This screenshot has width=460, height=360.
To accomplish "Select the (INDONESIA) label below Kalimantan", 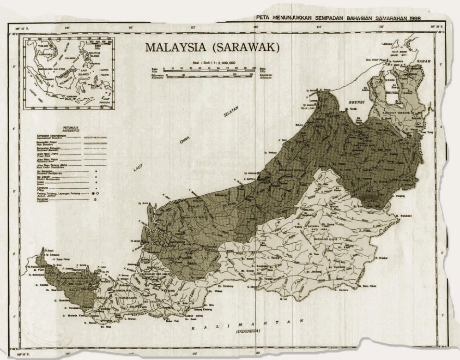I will (x=248, y=332).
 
